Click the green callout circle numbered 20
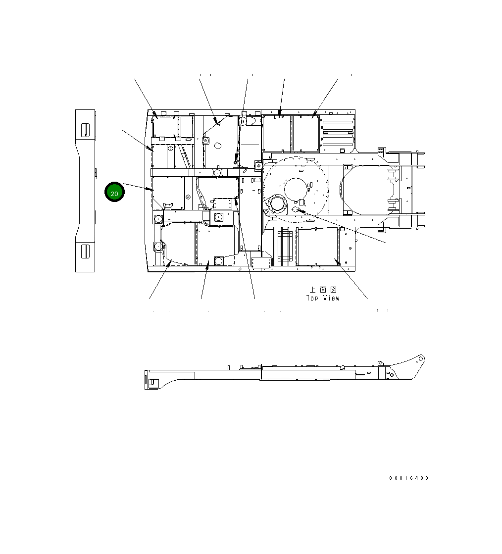point(114,192)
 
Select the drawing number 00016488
point(409,478)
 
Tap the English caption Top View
point(323,298)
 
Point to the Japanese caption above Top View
point(323,290)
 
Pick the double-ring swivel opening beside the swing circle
point(278,205)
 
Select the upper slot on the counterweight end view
point(85,130)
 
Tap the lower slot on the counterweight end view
point(85,251)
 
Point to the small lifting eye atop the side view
point(380,363)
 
